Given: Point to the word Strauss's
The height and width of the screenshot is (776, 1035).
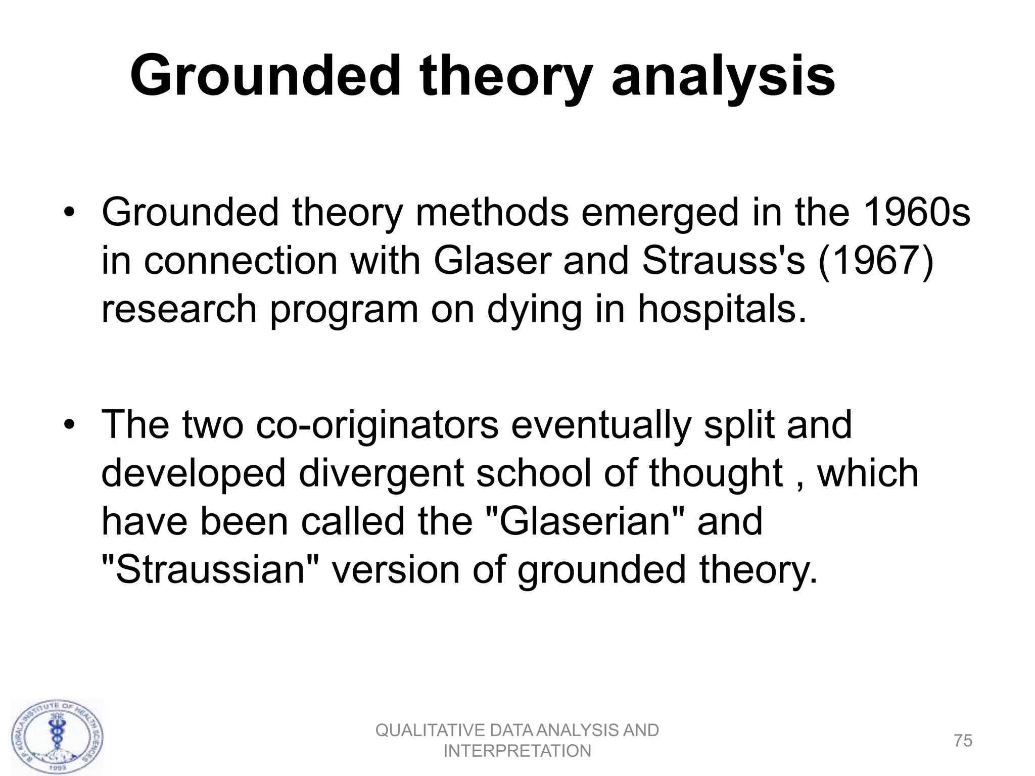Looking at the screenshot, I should (723, 261).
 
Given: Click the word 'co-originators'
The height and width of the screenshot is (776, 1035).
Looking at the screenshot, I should (377, 424).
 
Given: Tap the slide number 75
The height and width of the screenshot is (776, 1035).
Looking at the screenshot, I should (963, 741).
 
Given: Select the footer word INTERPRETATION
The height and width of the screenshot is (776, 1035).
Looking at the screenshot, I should (517, 751).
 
